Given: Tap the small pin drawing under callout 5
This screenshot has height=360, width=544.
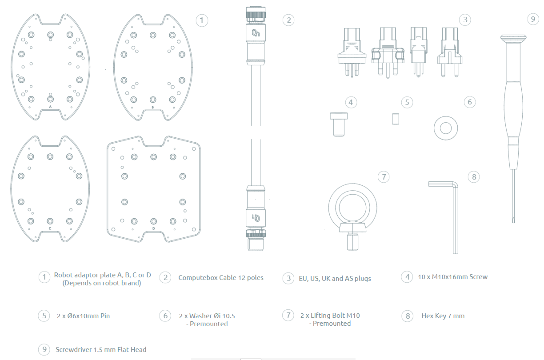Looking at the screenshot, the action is coord(396,119).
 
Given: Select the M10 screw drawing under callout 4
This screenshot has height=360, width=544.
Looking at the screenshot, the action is coord(339,124).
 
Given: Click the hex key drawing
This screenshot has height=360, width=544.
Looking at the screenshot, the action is coord(456,207).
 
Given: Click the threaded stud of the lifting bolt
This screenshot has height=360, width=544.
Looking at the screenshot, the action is coord(352,241).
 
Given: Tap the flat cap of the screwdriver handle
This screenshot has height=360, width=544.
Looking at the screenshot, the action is coord(513,38).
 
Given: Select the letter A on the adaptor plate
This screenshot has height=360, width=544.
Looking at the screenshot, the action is coord(50,107).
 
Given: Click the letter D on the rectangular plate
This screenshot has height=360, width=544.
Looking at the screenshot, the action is coord(153,228).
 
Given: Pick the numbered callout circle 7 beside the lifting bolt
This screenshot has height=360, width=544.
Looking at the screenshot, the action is coord(384,177).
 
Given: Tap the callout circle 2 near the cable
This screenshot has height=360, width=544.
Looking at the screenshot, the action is coord(288,20).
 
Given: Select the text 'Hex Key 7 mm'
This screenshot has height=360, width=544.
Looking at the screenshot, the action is coord(443,316).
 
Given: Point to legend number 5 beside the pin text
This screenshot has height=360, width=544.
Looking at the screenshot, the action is coord(44,316).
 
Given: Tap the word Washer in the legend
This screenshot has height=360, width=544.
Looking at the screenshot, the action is coord(200,316).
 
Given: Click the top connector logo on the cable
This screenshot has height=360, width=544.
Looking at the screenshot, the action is coord(256,33).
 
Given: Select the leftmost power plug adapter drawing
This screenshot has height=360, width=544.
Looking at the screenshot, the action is coord(352,52).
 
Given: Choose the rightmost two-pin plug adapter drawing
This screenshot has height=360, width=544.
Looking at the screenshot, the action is coord(449,52).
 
